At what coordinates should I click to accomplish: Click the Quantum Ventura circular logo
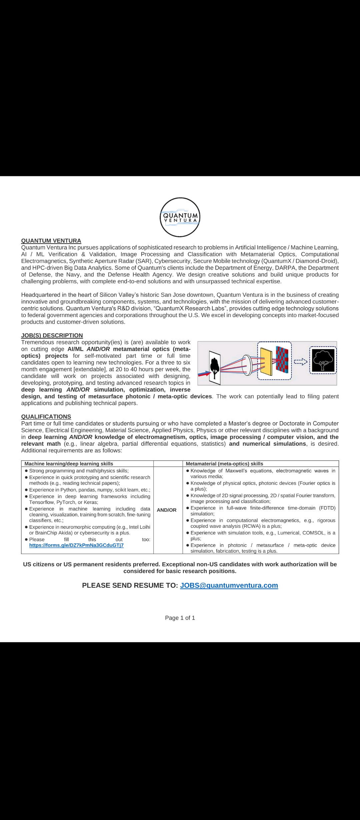coord(180,217)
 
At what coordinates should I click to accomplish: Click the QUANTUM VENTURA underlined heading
coord(51,241)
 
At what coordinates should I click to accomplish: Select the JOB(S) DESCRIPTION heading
coord(52,335)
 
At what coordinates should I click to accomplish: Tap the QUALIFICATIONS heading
coord(46,417)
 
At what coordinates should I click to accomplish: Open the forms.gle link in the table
coord(76,545)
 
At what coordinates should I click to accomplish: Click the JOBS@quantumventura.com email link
coord(229,585)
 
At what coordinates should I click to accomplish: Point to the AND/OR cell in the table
coord(167,510)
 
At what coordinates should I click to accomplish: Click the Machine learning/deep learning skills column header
coord(69,464)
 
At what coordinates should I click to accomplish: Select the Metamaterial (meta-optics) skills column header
coord(224,464)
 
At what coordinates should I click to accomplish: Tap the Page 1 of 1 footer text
coord(180,618)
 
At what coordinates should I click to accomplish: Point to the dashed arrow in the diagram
coord(301,362)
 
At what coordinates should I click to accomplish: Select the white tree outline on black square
coord(323,361)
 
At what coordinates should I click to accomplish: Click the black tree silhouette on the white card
coord(215,367)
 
